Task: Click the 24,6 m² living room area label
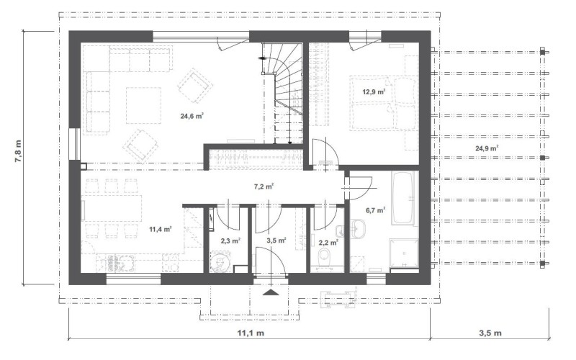tap(192, 116)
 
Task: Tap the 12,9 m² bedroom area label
tap(374, 91)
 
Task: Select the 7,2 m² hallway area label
tap(264, 186)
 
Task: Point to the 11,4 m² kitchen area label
tap(161, 230)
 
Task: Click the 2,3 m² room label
tap(230, 241)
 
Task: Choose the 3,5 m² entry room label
tap(276, 240)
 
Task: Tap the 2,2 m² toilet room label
tap(328, 243)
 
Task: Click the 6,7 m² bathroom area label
tap(375, 210)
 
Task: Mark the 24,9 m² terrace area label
tap(487, 148)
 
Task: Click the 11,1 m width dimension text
tap(251, 333)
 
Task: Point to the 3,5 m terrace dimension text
tap(490, 333)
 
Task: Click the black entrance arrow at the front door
tap(271, 292)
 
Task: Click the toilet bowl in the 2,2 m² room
tap(324, 256)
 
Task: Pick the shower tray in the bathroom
tap(404, 253)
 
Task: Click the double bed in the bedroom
tap(384, 103)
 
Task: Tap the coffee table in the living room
tap(143, 105)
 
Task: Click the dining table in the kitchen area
tap(112, 208)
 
